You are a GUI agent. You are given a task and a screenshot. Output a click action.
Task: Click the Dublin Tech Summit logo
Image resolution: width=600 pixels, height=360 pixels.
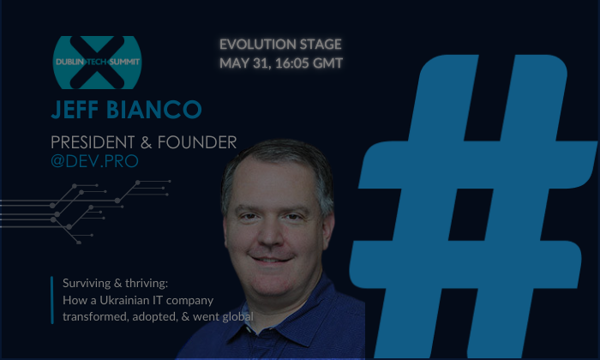[96, 62]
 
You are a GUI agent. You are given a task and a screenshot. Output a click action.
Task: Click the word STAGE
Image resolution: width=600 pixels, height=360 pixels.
[317, 45]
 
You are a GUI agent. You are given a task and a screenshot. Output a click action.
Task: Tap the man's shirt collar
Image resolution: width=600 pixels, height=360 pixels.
[249, 296]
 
